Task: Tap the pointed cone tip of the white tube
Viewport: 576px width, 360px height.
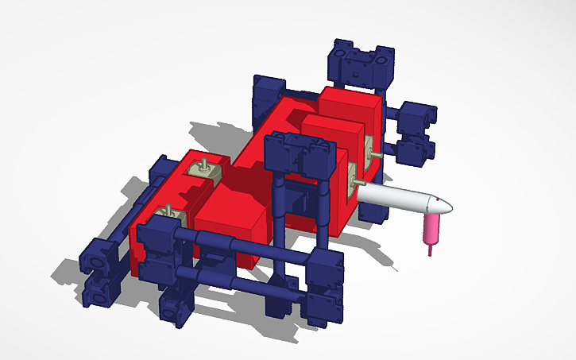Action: point(447,207)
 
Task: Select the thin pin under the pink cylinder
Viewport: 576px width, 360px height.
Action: point(431,250)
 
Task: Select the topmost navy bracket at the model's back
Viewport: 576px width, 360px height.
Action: point(359,65)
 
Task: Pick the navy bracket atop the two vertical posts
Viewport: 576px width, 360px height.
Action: point(297,155)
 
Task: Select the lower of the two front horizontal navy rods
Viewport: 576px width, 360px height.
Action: point(238,279)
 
